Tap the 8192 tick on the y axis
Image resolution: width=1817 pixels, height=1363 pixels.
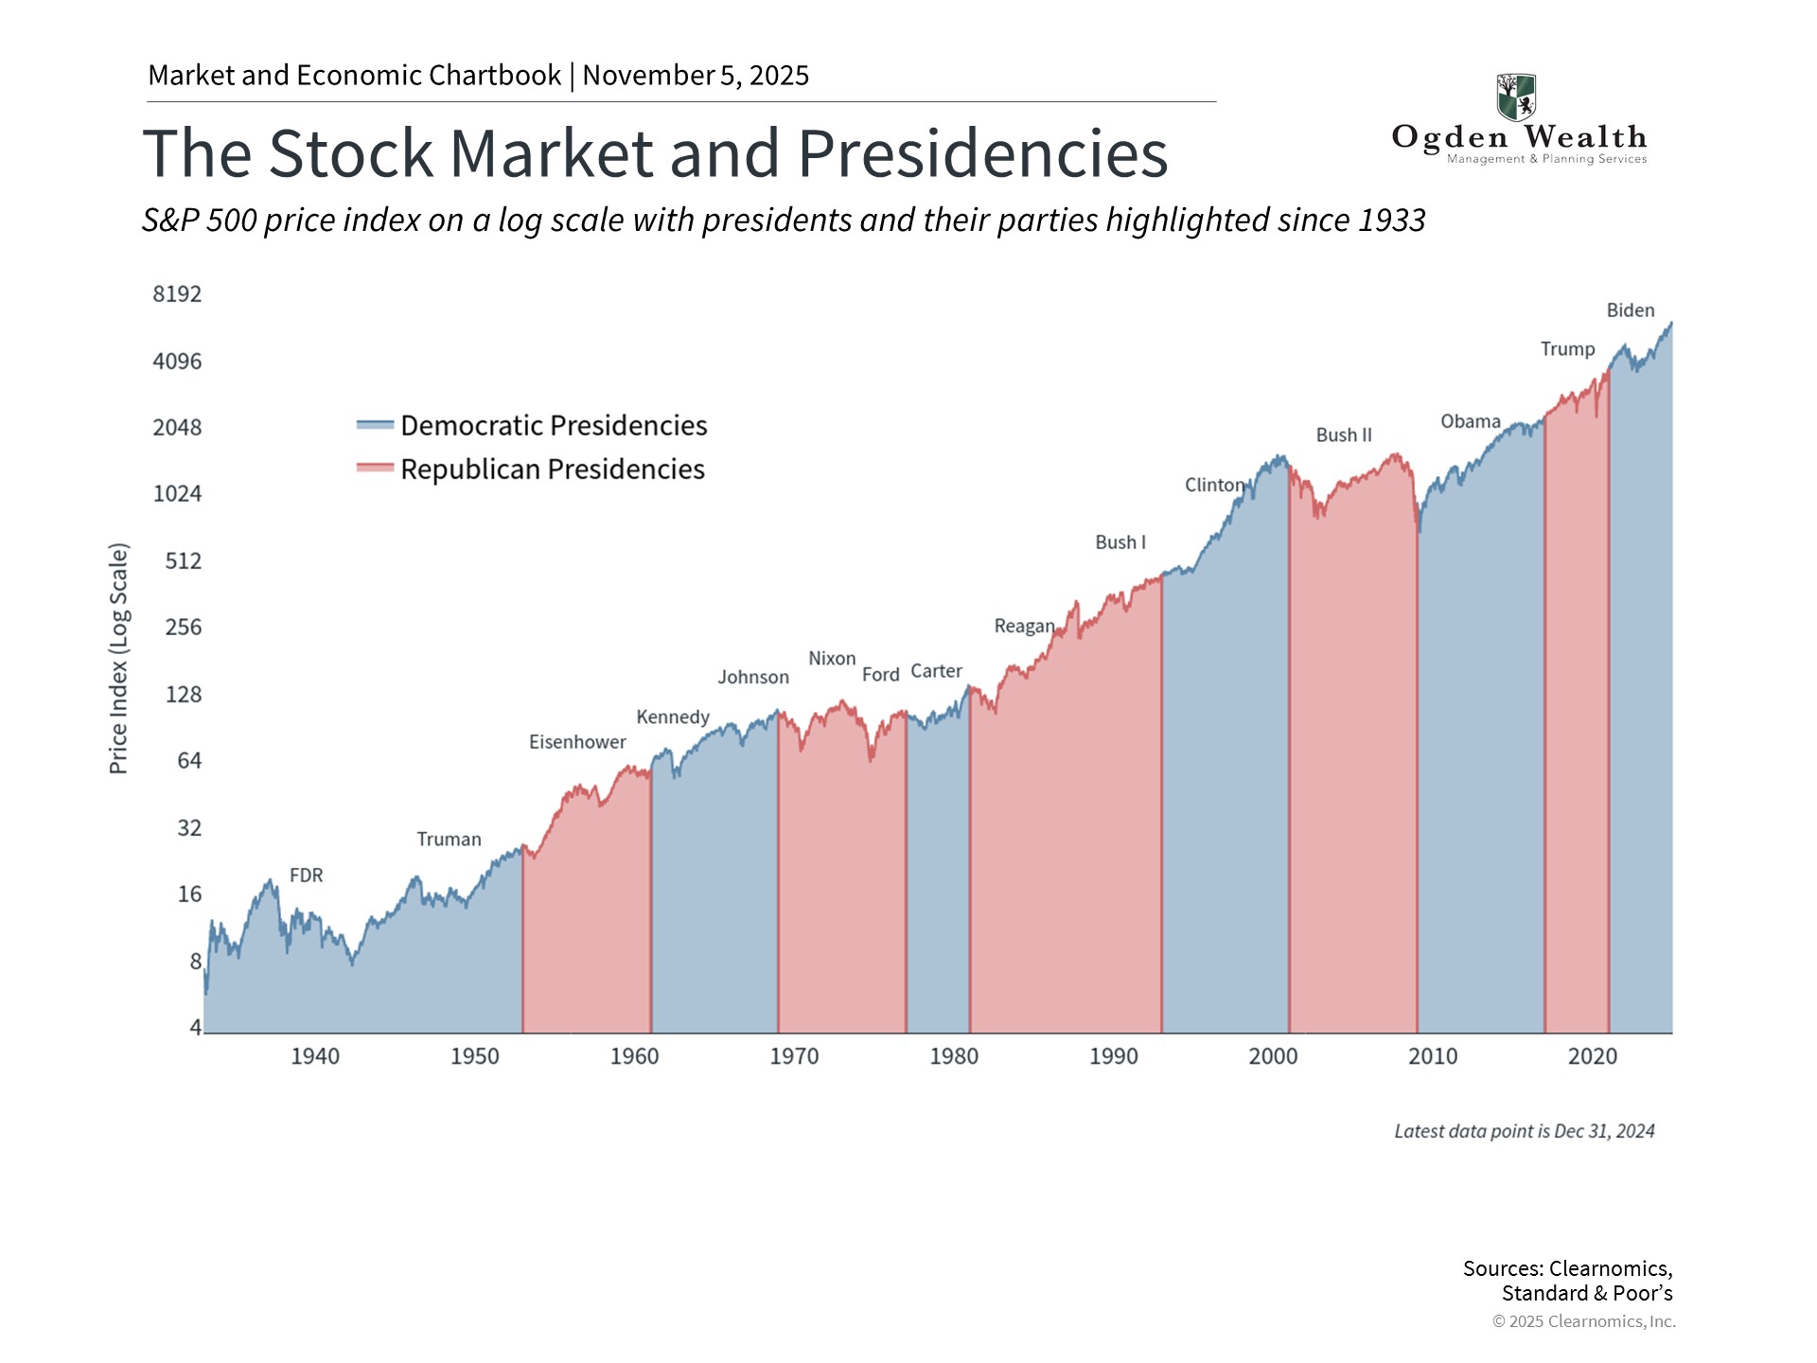pyautogui.click(x=177, y=294)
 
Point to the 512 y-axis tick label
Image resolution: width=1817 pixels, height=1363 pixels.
pyautogui.click(x=183, y=561)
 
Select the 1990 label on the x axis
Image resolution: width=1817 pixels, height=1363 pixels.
pyautogui.click(x=1113, y=1056)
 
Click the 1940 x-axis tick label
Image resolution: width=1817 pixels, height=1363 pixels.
pyautogui.click(x=314, y=1056)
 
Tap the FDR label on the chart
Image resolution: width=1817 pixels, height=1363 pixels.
pyautogui.click(x=306, y=876)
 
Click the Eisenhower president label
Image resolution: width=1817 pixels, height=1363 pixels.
pyautogui.click(x=577, y=742)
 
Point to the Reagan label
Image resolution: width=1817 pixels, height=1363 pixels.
pyautogui.click(x=1024, y=627)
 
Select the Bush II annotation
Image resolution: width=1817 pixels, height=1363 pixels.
pyautogui.click(x=1343, y=435)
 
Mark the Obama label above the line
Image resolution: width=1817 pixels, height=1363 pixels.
pyautogui.click(x=1470, y=422)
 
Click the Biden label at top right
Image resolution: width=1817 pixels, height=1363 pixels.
pyautogui.click(x=1630, y=310)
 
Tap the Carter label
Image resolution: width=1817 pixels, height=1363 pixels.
pyautogui.click(x=936, y=671)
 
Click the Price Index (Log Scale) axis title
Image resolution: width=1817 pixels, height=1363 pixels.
pyautogui.click(x=118, y=659)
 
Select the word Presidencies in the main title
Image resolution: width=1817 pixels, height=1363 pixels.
pyautogui.click(x=982, y=153)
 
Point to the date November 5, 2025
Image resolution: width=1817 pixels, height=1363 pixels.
pyautogui.click(x=696, y=76)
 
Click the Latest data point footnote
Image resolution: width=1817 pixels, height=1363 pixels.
pyautogui.click(x=1524, y=1131)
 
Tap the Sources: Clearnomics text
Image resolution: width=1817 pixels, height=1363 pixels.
pyautogui.click(x=1567, y=1268)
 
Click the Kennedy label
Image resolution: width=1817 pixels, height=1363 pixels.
pyautogui.click(x=672, y=717)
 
